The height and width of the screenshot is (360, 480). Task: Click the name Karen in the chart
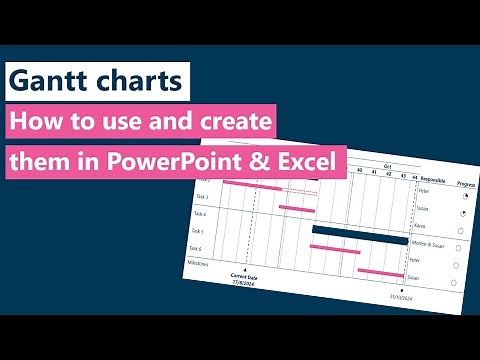point(420,226)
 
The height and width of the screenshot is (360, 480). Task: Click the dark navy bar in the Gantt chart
point(355,233)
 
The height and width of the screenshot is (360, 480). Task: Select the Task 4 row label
point(200,213)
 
